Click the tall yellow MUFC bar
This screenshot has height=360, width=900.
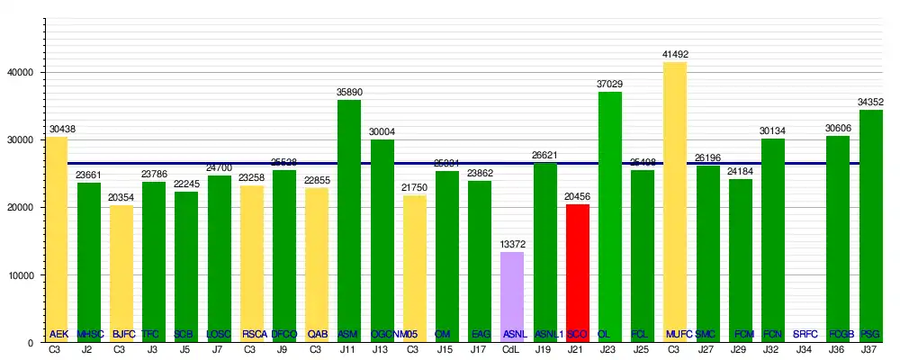pos(675,198)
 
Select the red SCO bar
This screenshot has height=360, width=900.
pos(578,270)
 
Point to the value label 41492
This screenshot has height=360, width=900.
pos(675,55)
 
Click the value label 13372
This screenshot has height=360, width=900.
pos(512,245)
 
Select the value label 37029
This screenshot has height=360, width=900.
pos(610,85)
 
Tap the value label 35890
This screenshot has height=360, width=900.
pos(349,93)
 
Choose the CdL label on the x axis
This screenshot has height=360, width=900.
pos(512,349)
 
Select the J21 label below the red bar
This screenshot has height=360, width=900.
pos(578,349)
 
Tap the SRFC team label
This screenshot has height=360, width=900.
pos(805,334)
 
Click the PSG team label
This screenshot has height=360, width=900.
pos(870,334)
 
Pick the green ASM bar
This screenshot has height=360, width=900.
pos(349,216)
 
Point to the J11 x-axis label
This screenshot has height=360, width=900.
pos(349,349)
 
